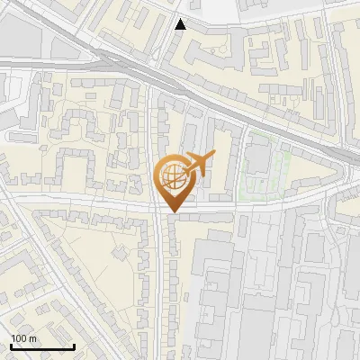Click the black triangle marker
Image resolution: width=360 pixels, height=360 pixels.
pyautogui.click(x=181, y=24)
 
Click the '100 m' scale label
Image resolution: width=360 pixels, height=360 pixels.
pyautogui.click(x=23, y=338)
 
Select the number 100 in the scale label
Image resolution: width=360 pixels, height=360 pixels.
pyautogui.click(x=20, y=338)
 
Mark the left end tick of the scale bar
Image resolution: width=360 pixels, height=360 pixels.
pyautogui.click(x=11, y=345)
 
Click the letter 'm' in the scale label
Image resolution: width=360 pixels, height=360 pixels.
pyautogui.click(x=32, y=338)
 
